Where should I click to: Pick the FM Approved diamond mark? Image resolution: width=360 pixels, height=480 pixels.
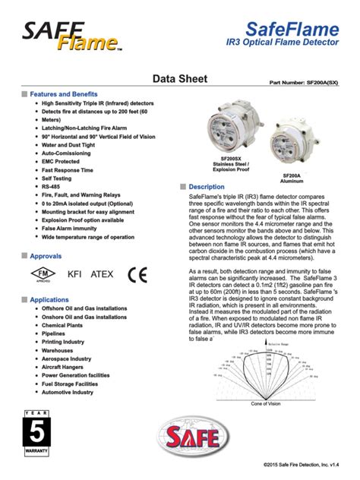pyautogui.click(x=43, y=274)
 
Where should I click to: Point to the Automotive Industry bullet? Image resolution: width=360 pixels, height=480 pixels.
pyautogui.click(x=72, y=393)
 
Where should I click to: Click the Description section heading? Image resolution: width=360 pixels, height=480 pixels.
pyautogui.click(x=207, y=187)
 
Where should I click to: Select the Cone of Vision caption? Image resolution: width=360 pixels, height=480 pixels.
pyautogui.click(x=266, y=403)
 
